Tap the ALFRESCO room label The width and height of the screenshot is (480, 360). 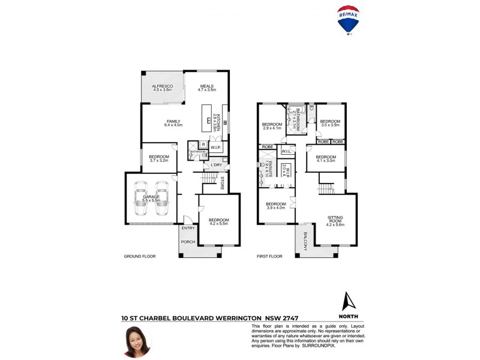pyautogui.click(x=162, y=87)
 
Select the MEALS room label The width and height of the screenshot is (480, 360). pyautogui.click(x=207, y=87)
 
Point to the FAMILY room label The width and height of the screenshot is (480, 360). pyautogui.click(x=173, y=122)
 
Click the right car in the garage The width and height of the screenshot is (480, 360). pyautogui.click(x=161, y=198)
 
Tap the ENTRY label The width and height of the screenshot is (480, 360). pyautogui.click(x=188, y=228)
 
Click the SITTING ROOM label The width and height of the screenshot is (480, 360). pyautogui.click(x=335, y=220)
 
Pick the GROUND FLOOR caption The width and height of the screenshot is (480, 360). pyautogui.click(x=140, y=256)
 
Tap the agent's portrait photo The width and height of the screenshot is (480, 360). pyautogui.click(x=137, y=342)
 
